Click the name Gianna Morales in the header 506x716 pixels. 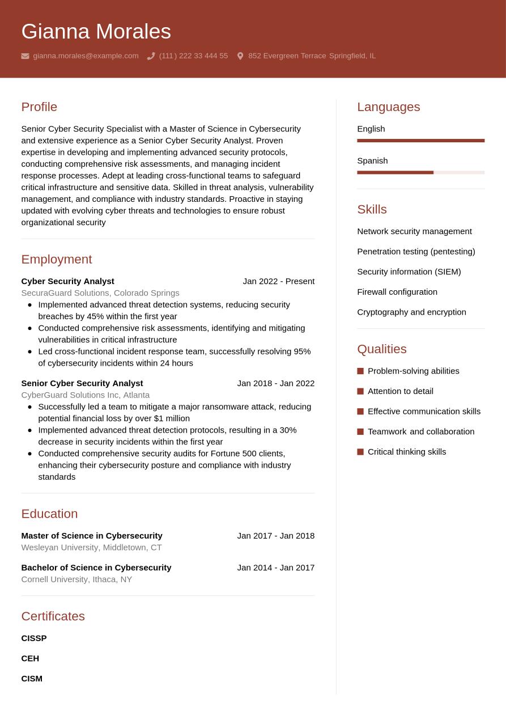point(96,31)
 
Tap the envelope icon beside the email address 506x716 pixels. point(25,56)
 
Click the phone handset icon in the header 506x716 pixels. point(151,56)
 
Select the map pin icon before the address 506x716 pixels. point(240,56)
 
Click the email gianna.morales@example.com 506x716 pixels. point(86,56)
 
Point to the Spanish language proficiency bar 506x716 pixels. point(420,172)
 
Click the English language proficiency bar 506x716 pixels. point(420,141)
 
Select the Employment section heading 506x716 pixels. point(56,259)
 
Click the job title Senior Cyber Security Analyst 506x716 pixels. point(82,383)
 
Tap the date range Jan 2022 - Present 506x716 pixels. point(278,281)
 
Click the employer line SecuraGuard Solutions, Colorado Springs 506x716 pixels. point(100,293)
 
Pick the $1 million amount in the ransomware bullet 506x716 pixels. point(172,418)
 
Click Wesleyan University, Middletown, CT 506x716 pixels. point(91,548)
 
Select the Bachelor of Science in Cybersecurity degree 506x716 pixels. point(96,567)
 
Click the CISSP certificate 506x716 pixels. point(34,638)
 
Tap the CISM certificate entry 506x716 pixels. point(32,679)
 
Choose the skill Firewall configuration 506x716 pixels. point(397,292)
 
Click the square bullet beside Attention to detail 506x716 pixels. point(360,391)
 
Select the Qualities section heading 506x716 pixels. point(381,349)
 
